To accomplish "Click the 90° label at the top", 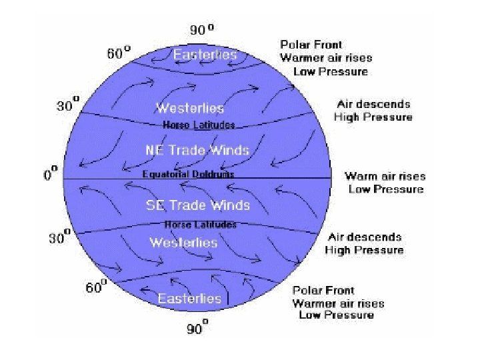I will [202, 30].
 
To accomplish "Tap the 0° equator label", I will [51, 175].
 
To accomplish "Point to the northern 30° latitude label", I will [67, 105].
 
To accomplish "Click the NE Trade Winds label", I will [197, 150].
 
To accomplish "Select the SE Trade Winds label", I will [198, 205].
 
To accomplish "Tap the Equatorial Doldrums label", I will [189, 174].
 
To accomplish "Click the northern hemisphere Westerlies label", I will [190, 108].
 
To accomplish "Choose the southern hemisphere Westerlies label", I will [183, 243].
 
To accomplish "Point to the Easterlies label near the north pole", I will [205, 55].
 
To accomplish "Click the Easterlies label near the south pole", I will [189, 298].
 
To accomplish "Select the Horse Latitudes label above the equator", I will [199, 125].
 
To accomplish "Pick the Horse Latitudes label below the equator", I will [200, 225].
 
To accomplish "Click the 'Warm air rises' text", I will [385, 177].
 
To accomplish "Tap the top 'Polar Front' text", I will [307, 45].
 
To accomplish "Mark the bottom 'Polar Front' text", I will [323, 291].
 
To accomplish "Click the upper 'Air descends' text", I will [373, 104].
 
